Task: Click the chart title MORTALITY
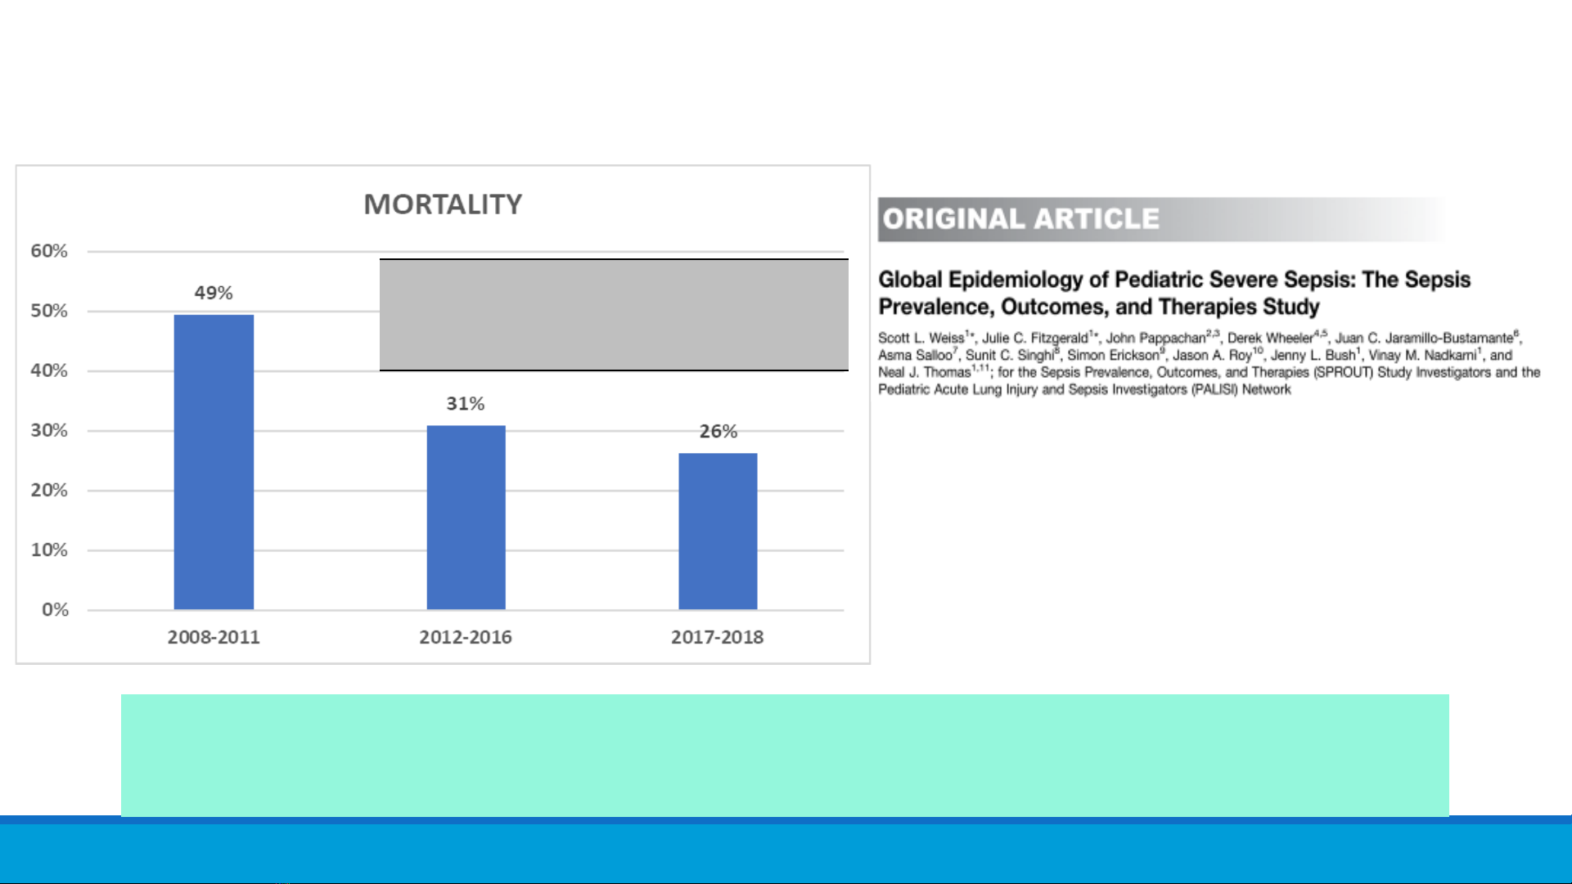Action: pos(443,204)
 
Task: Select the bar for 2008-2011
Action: pos(214,462)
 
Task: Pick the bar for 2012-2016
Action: pos(466,518)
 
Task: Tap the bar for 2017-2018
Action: pos(718,532)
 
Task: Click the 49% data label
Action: pos(214,293)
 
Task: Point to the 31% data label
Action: pos(466,403)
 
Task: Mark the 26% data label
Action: pos(718,431)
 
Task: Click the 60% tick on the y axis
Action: pos(49,251)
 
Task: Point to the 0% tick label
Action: pos(56,609)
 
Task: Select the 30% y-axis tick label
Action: pos(49,430)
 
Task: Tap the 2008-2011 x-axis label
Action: pos(214,637)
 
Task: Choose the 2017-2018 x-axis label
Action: pos(718,637)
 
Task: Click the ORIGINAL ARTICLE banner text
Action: pos(1021,219)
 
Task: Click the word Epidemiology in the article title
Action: pos(1016,280)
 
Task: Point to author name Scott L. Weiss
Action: pos(921,338)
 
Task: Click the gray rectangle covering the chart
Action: pos(614,315)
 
